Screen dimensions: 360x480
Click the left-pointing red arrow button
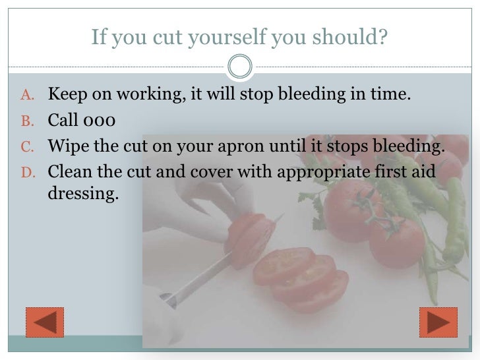pos(44,322)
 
